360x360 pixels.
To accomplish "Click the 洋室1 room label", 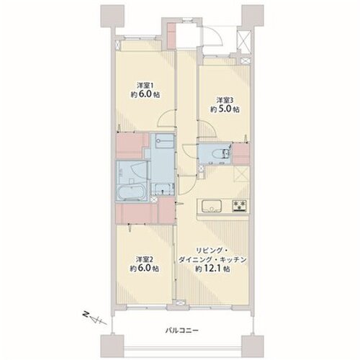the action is (145, 85).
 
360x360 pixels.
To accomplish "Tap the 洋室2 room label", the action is (145, 259).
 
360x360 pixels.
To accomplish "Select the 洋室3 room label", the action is (225, 100).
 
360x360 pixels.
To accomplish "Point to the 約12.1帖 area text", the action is (212, 269).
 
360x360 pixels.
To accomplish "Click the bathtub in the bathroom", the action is (131, 192).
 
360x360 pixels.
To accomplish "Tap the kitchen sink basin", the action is (212, 206).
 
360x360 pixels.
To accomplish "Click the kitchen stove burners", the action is (240, 206).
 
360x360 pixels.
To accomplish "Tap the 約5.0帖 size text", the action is (225, 109).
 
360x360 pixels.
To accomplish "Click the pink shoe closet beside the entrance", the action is (171, 36).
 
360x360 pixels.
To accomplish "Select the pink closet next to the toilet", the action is (241, 153).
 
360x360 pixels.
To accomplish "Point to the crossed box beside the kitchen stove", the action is (241, 174).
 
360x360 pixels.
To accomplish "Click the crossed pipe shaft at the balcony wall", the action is (181, 302).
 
